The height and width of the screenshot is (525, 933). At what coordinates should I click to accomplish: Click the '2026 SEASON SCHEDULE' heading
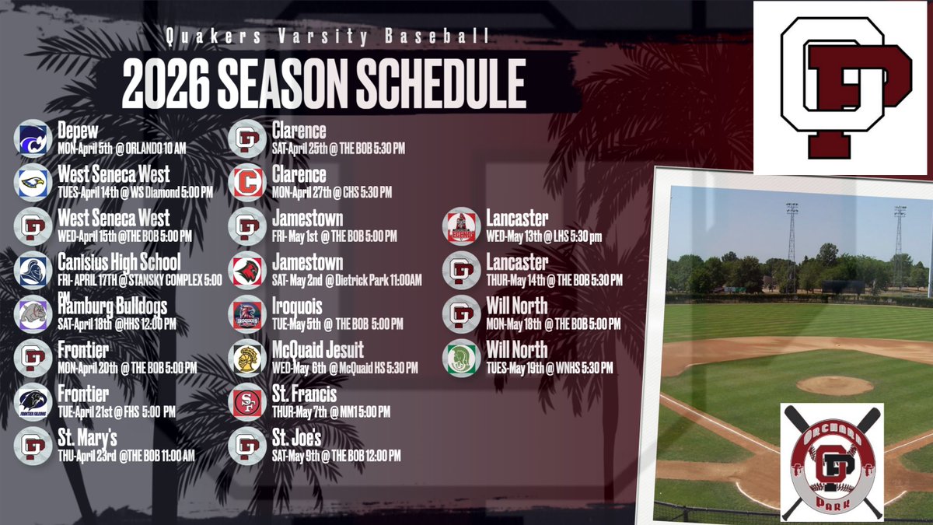[323, 80]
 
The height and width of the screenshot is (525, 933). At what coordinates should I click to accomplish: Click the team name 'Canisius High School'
[119, 262]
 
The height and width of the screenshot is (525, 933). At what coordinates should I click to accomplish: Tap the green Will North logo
[461, 358]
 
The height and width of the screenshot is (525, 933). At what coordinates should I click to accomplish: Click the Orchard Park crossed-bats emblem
[832, 461]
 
